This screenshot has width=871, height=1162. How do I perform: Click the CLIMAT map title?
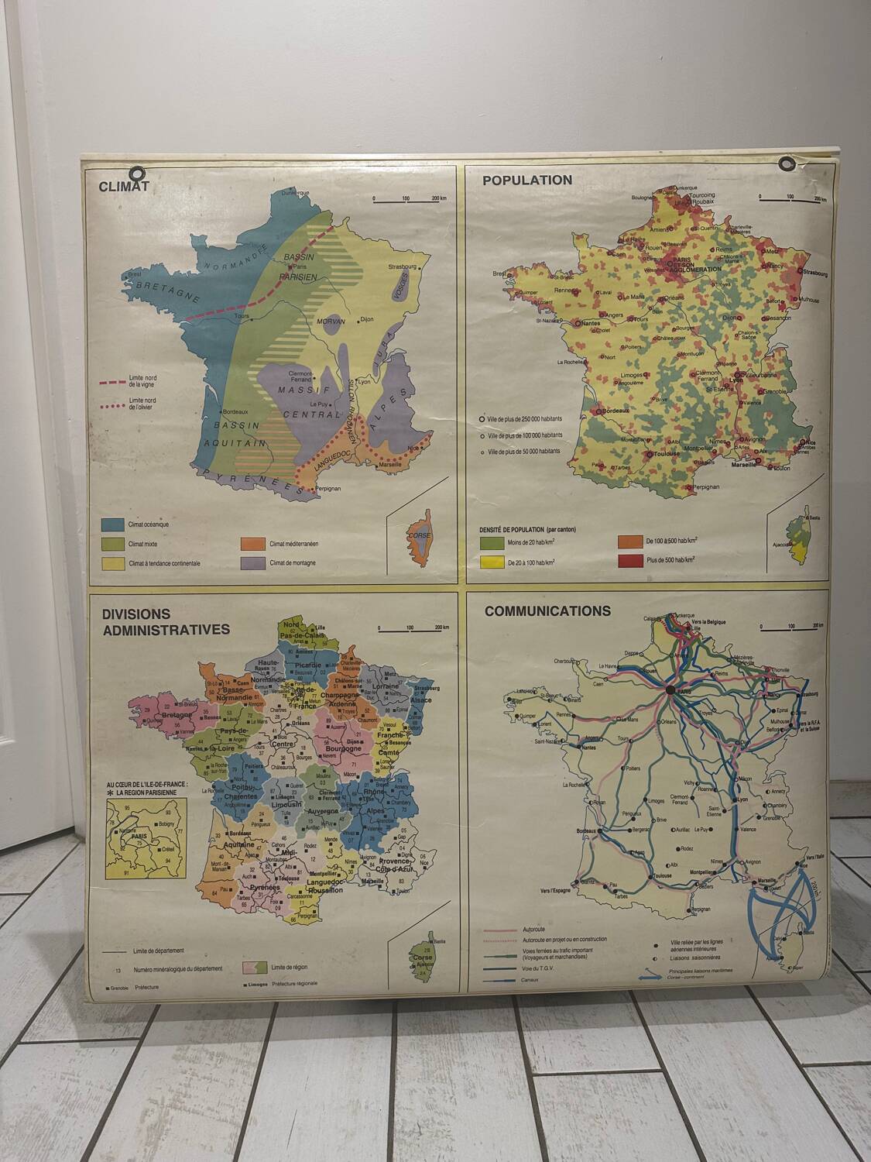(123, 186)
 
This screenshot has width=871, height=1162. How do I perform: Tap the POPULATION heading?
(527, 180)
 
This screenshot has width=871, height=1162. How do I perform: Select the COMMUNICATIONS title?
(547, 610)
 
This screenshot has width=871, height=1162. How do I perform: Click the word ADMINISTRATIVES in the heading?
(166, 629)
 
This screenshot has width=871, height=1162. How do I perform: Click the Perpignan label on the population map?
(702, 486)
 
